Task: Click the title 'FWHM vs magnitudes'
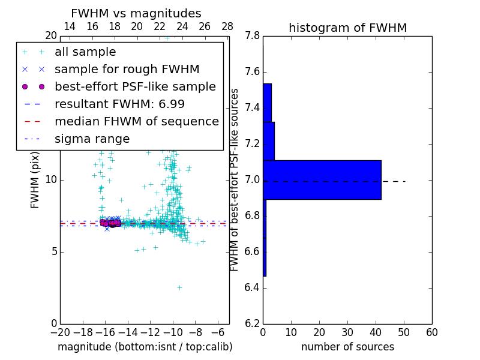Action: coord(136,14)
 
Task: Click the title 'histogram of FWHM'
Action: coord(347,28)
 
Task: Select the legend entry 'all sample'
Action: coord(85,52)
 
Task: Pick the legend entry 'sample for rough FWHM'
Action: coord(127,70)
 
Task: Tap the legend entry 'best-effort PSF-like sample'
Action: coord(135,86)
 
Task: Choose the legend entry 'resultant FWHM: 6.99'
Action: coord(119,104)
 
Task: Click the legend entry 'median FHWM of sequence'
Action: coord(136,121)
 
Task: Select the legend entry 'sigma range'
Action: coord(92,139)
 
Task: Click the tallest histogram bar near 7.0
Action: coord(322,179)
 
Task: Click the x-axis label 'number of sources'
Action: coord(347,347)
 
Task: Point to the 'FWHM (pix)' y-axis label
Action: coord(35,180)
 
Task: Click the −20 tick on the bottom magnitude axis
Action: coord(60,332)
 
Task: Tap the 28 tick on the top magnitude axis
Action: coord(227,26)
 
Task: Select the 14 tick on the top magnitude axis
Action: coord(70,26)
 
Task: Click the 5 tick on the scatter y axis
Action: coord(53,252)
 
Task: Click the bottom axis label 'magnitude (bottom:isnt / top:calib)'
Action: coord(145,347)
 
